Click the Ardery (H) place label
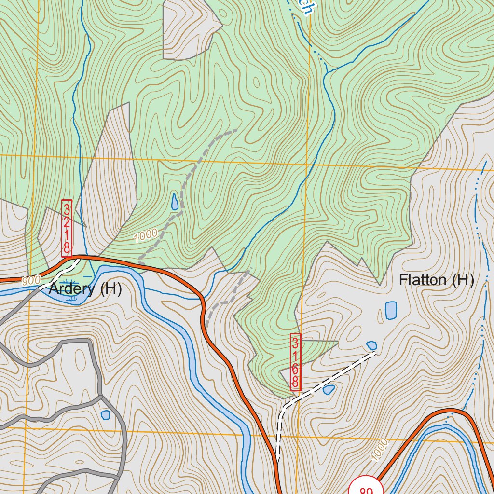pos(85,290)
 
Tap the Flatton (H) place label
pos(437,280)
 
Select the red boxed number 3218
pos(67,228)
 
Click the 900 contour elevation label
pos(30,280)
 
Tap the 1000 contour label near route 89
pos(380,450)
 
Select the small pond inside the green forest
pos(175,202)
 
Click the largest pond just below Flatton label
pos(391,310)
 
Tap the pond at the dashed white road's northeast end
pos(371,345)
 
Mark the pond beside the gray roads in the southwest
pos(106,414)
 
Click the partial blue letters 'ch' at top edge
pos(303,7)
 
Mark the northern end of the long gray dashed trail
pos(235,130)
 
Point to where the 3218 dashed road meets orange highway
pos(77,258)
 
